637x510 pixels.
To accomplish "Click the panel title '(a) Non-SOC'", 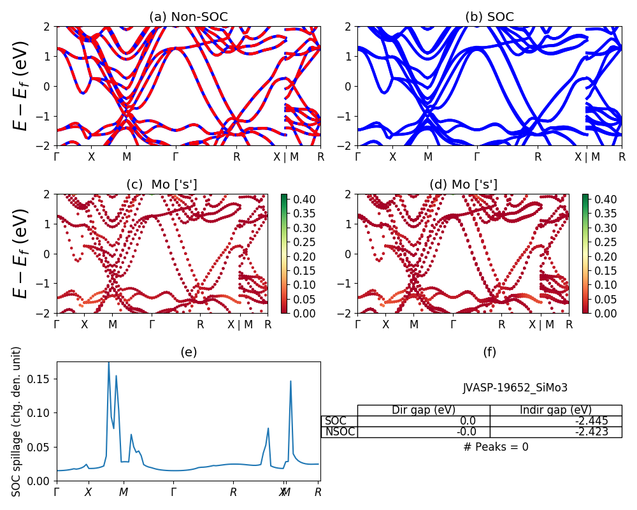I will [189, 17].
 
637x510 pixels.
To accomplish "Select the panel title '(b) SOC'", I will [489, 17].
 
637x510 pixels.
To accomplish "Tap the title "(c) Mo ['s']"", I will [162, 185].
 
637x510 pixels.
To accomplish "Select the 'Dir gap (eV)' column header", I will [424, 410].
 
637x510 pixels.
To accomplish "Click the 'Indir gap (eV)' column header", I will [555, 410].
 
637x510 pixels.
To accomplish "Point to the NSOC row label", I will [340, 432].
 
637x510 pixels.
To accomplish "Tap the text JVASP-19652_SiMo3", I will [515, 388].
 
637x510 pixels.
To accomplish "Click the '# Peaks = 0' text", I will [496, 447].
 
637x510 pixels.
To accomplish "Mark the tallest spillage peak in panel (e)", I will [108, 363].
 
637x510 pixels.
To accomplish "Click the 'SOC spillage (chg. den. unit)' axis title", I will [17, 421].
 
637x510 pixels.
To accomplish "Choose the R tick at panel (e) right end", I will [318, 492].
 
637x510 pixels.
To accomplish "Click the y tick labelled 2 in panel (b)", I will [349, 27].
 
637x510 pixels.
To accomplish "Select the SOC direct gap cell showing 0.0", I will [468, 421].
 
